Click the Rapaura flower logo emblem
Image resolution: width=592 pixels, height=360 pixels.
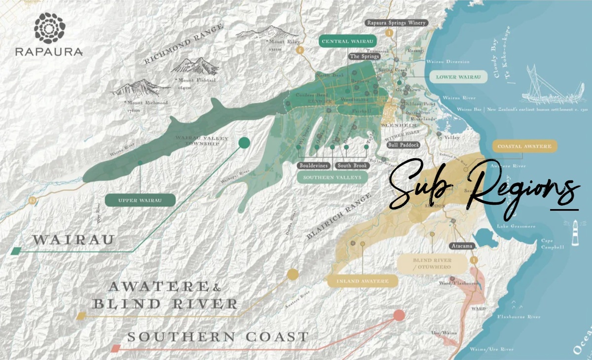click(49, 28)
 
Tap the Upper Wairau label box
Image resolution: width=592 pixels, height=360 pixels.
click(140, 200)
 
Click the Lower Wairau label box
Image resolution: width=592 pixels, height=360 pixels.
click(458, 76)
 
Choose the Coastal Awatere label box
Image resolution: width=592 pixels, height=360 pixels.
click(525, 146)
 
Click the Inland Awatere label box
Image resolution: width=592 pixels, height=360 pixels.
click(362, 281)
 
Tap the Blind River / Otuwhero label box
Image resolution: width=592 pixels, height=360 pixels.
click(432, 263)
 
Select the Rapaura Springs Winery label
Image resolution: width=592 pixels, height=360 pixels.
click(396, 23)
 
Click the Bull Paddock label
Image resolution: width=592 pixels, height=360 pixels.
click(404, 145)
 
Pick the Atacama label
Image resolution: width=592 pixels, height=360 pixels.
click(461, 246)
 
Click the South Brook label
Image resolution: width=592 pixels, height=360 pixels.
click(351, 166)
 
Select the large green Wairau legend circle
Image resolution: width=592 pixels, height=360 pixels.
click(244, 144)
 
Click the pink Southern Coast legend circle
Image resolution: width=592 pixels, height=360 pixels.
click(399, 315)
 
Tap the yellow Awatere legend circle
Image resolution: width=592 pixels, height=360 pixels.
click(293, 274)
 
